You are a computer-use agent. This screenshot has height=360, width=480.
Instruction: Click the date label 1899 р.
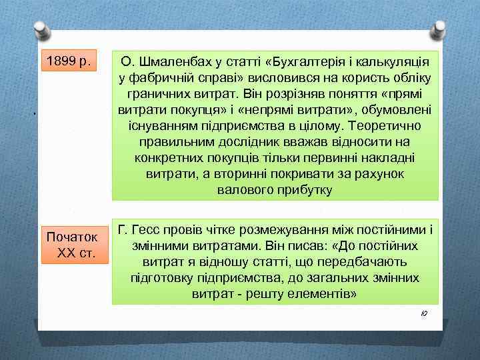(69, 61)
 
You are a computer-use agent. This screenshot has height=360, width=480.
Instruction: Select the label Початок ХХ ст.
(75, 245)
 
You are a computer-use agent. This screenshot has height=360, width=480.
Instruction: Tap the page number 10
(425, 313)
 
